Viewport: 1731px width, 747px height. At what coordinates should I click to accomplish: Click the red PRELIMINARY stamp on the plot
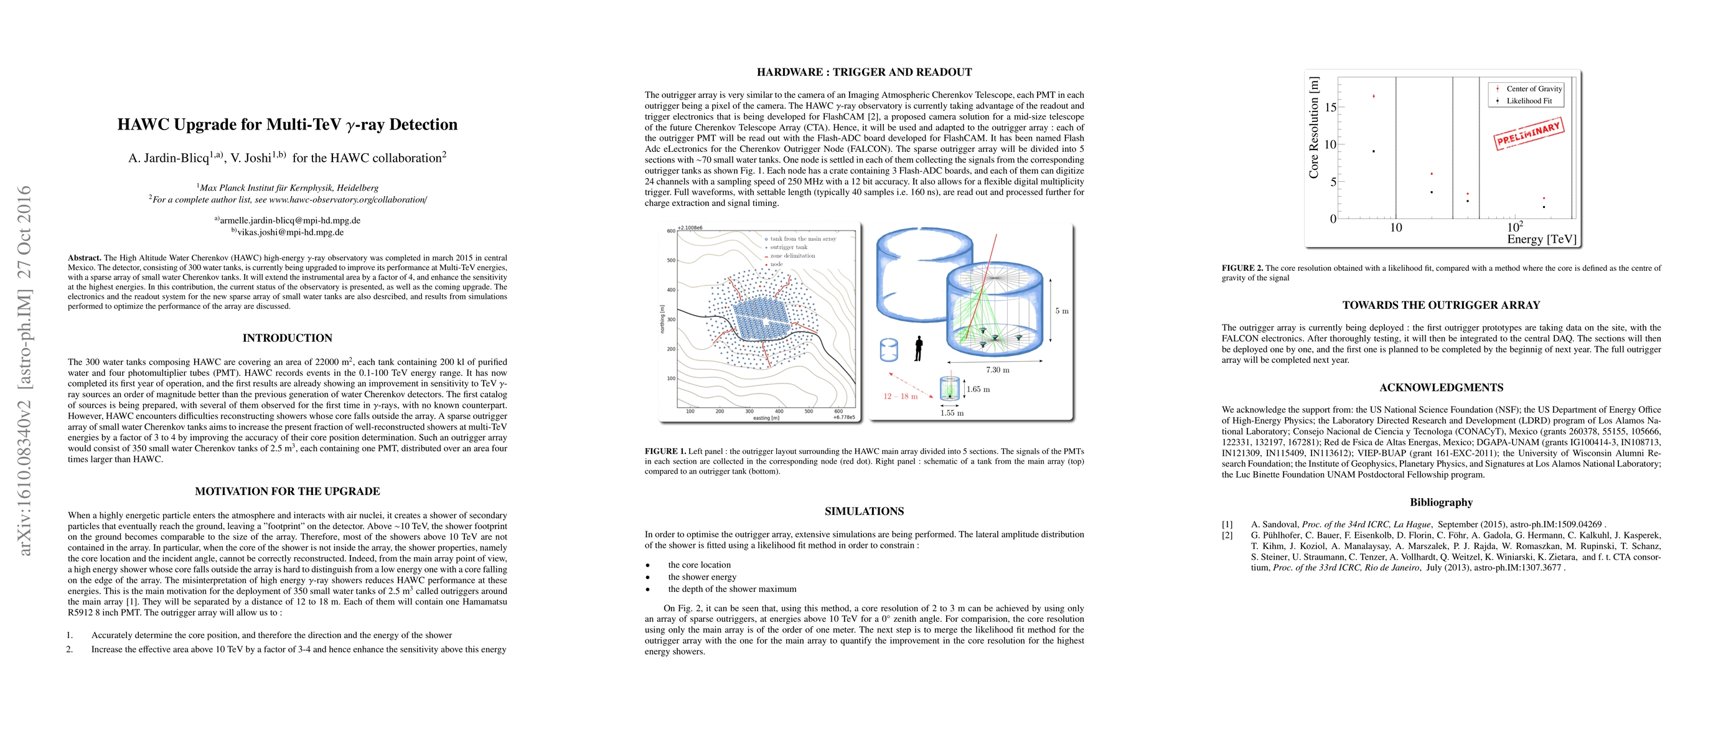pyautogui.click(x=1529, y=133)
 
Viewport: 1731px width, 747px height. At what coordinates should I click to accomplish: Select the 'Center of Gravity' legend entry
pyautogui.click(x=1534, y=88)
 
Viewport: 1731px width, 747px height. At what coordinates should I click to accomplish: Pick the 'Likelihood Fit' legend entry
pyautogui.click(x=1529, y=101)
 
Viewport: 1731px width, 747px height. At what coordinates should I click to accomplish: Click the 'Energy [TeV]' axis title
pyautogui.click(x=1541, y=239)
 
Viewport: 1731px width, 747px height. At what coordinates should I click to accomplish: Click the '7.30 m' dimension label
pyautogui.click(x=997, y=370)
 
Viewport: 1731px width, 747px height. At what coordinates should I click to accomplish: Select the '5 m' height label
pyautogui.click(x=1061, y=311)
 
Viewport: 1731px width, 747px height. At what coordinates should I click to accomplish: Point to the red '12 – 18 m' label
pyautogui.click(x=901, y=397)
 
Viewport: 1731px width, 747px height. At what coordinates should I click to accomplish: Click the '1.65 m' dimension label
pyautogui.click(x=978, y=389)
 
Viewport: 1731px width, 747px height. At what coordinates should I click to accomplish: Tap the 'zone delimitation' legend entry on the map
pyautogui.click(x=792, y=256)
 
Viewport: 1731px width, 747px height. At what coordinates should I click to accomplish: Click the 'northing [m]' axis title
pyautogui.click(x=662, y=319)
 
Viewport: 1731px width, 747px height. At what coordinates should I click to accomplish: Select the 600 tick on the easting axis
pyautogui.click(x=838, y=411)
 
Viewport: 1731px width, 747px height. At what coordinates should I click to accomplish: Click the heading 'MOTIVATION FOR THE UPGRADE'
pyautogui.click(x=288, y=491)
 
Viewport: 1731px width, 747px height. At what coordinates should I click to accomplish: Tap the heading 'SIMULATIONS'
pyautogui.click(x=864, y=511)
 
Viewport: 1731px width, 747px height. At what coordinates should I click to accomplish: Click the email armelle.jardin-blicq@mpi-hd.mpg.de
pyautogui.click(x=289, y=220)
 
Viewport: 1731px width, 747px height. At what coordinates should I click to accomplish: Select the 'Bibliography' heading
pyautogui.click(x=1441, y=502)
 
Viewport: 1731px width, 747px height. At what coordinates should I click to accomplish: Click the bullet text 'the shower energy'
pyautogui.click(x=701, y=577)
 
